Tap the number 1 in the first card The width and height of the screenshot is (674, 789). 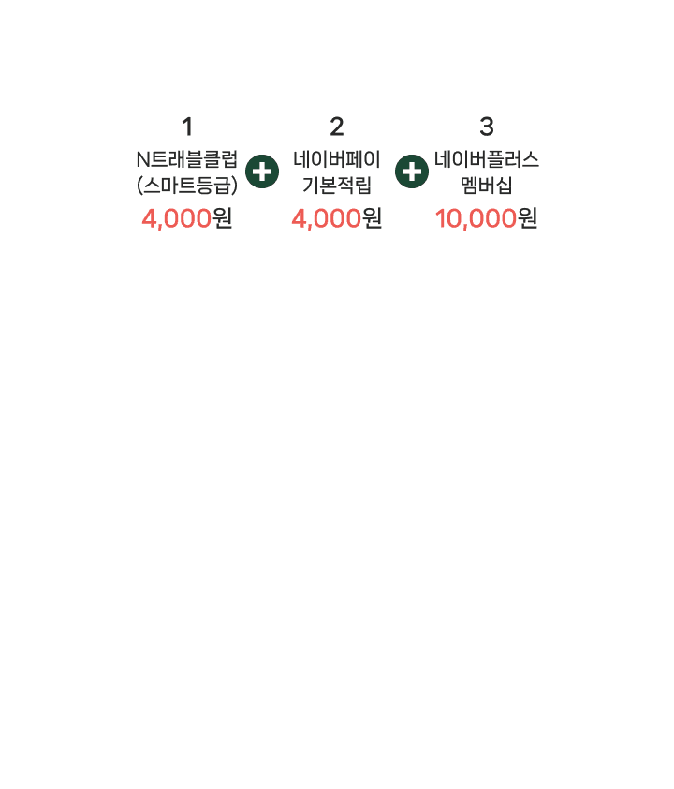coord(187,126)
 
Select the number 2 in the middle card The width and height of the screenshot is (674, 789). coord(337,126)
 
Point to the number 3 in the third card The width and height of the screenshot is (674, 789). coord(486,126)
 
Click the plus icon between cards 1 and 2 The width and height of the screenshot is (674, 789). coord(262,172)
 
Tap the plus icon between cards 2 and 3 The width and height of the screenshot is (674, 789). coord(412,172)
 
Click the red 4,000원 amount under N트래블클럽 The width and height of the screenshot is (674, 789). coord(187,218)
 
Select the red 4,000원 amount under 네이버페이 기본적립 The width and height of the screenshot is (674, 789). coord(337,218)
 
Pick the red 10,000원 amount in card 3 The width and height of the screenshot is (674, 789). coord(486,218)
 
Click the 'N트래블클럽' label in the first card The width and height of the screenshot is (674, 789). coord(187,158)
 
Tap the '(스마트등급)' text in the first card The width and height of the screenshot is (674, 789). coord(187,185)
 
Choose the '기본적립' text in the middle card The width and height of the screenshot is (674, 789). coord(337,185)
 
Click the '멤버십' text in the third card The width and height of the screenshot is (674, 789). coord(486,185)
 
